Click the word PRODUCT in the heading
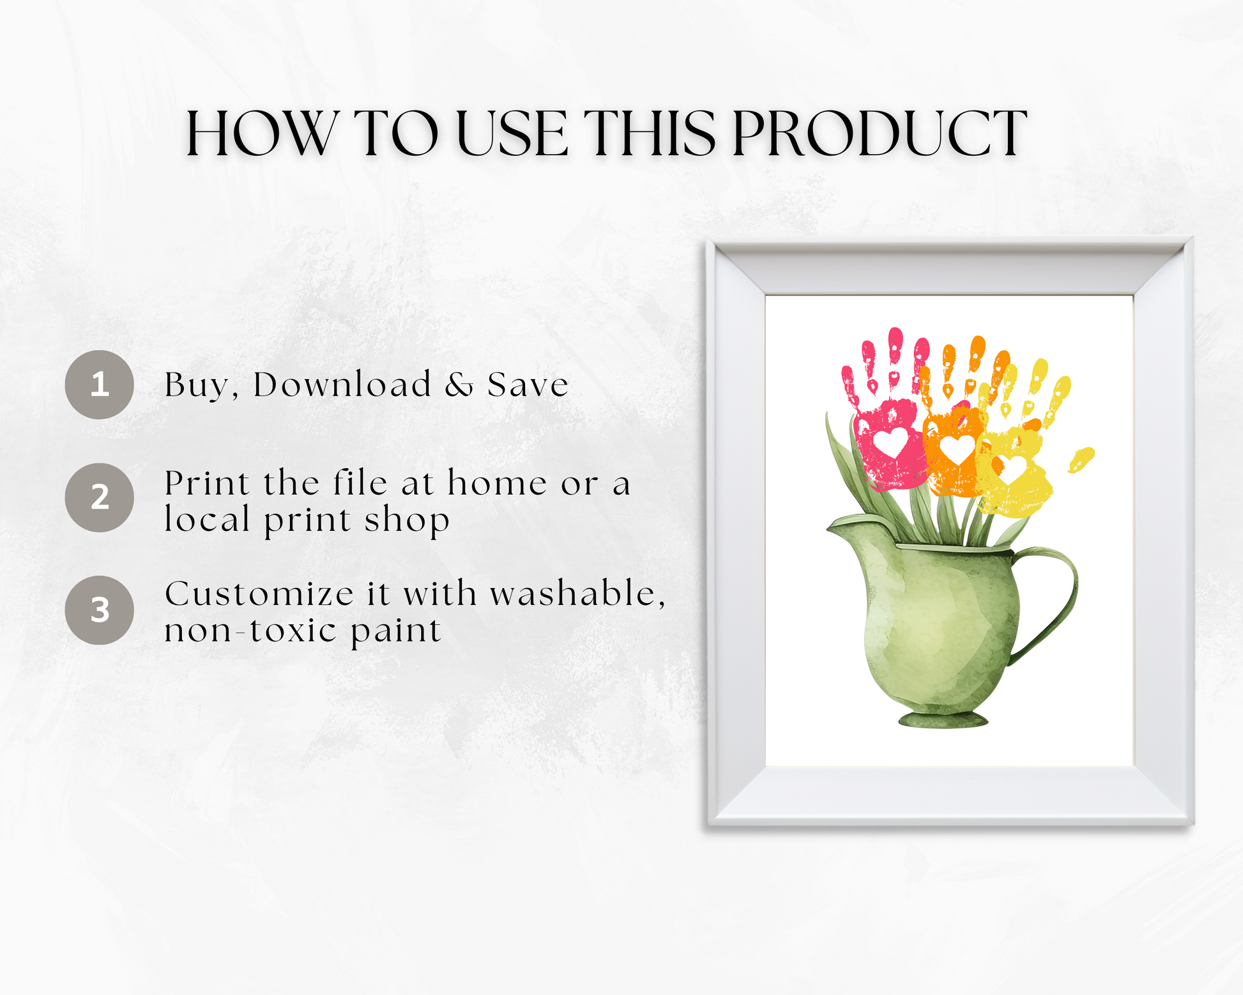pyautogui.click(x=880, y=134)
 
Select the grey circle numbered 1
pyautogui.click(x=99, y=384)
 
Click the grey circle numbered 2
pyautogui.click(x=99, y=497)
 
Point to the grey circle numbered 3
pyautogui.click(x=99, y=610)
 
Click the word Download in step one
pyautogui.click(x=342, y=385)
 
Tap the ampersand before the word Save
pyautogui.click(x=459, y=385)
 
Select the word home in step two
pyautogui.click(x=497, y=483)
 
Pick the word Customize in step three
pyautogui.click(x=259, y=594)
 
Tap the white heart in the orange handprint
pyautogui.click(x=957, y=449)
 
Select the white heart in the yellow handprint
pyautogui.click(x=1011, y=469)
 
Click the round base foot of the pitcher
pyautogui.click(x=943, y=720)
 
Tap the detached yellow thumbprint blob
pyautogui.click(x=1081, y=459)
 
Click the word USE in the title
pyautogui.click(x=511, y=134)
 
